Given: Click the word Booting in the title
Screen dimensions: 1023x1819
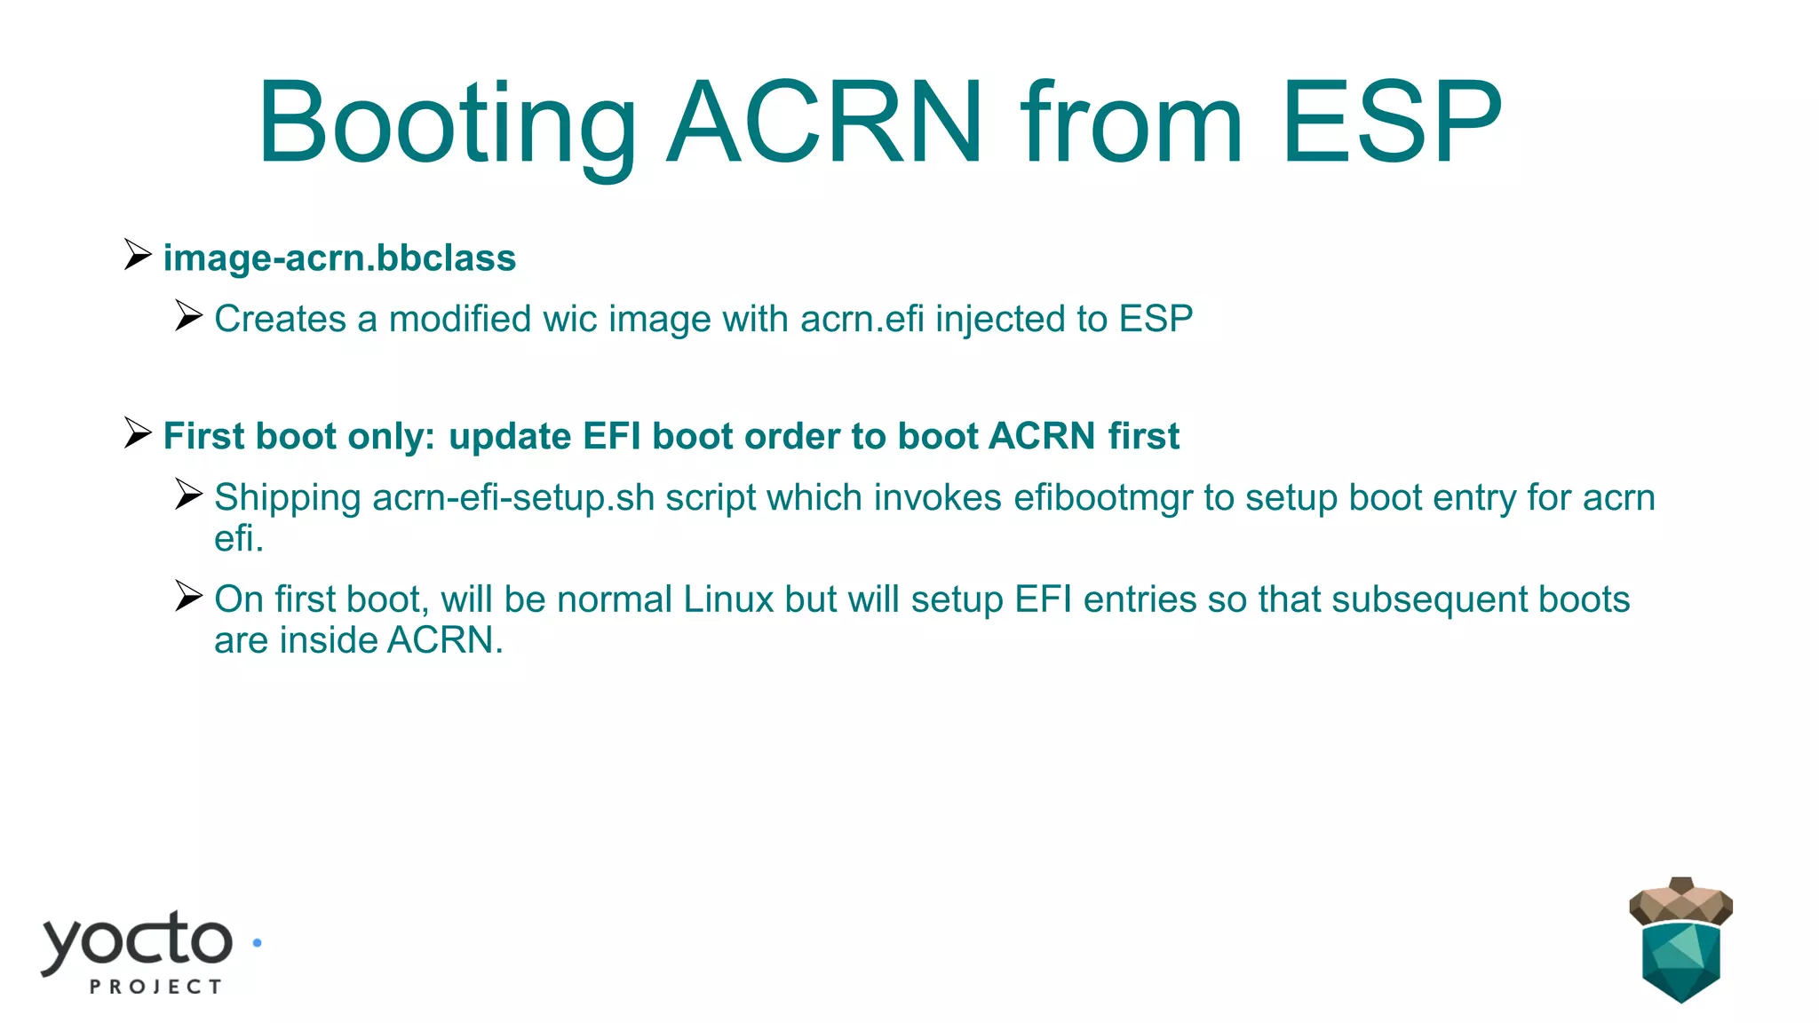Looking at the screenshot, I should coord(447,124).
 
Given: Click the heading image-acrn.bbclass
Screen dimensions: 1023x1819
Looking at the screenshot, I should coord(339,258).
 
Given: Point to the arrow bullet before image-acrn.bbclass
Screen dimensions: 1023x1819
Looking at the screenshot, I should coord(138,255).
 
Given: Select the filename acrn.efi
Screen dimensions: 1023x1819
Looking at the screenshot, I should coord(862,319).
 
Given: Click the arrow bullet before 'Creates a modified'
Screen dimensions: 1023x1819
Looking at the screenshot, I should coord(188,315).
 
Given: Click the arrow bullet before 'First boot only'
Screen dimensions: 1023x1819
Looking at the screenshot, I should coord(138,433).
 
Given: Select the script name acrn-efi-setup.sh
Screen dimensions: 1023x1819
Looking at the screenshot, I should coord(513,497).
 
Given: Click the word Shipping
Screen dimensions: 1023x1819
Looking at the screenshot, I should coord(287,497).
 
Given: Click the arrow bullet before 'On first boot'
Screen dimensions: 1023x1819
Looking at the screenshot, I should coord(188,596).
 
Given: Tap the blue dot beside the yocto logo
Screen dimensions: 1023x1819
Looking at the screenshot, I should coord(257,943).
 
